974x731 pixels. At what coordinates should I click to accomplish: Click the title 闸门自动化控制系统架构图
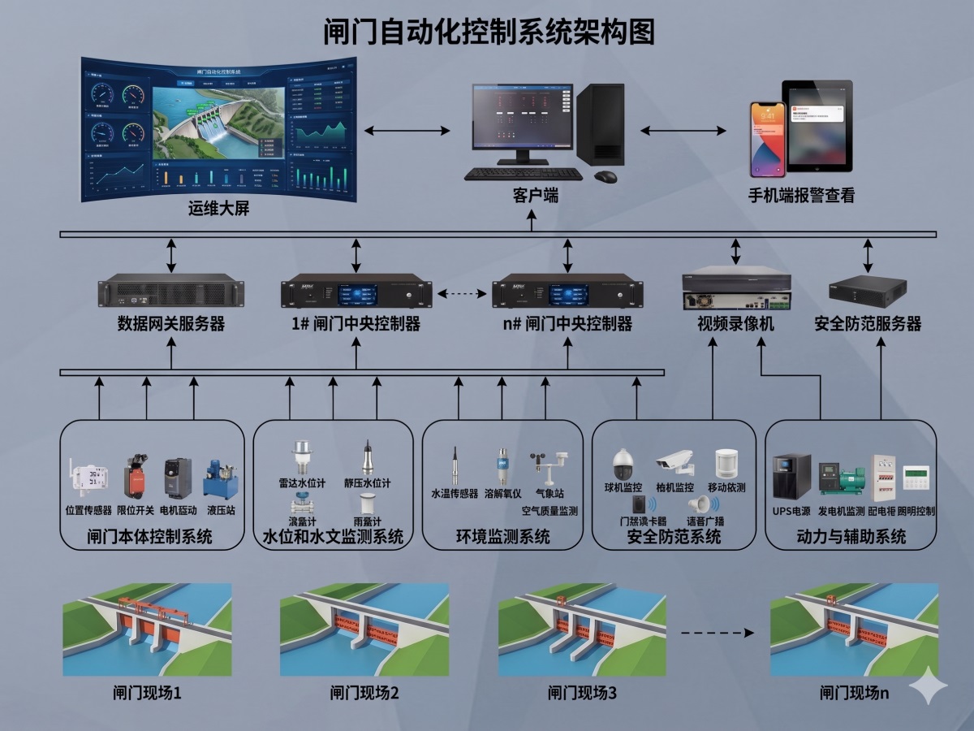tap(488, 32)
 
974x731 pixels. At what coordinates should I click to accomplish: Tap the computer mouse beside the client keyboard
tap(605, 175)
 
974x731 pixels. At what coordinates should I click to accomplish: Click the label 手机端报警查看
tap(801, 196)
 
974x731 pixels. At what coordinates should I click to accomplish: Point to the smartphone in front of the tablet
tap(767, 139)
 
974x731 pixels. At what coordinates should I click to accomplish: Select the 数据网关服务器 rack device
tap(171, 290)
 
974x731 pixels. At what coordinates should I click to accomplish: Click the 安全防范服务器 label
tap(868, 324)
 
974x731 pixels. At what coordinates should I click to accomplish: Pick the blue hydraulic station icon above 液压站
tap(218, 478)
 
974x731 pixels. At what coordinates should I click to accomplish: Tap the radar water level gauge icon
tap(302, 456)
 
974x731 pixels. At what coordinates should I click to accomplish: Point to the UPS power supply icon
tap(791, 477)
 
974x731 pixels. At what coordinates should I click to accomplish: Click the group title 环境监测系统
tap(503, 537)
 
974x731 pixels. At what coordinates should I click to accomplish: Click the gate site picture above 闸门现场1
tap(147, 629)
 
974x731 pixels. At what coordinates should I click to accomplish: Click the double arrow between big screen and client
tap(407, 130)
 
